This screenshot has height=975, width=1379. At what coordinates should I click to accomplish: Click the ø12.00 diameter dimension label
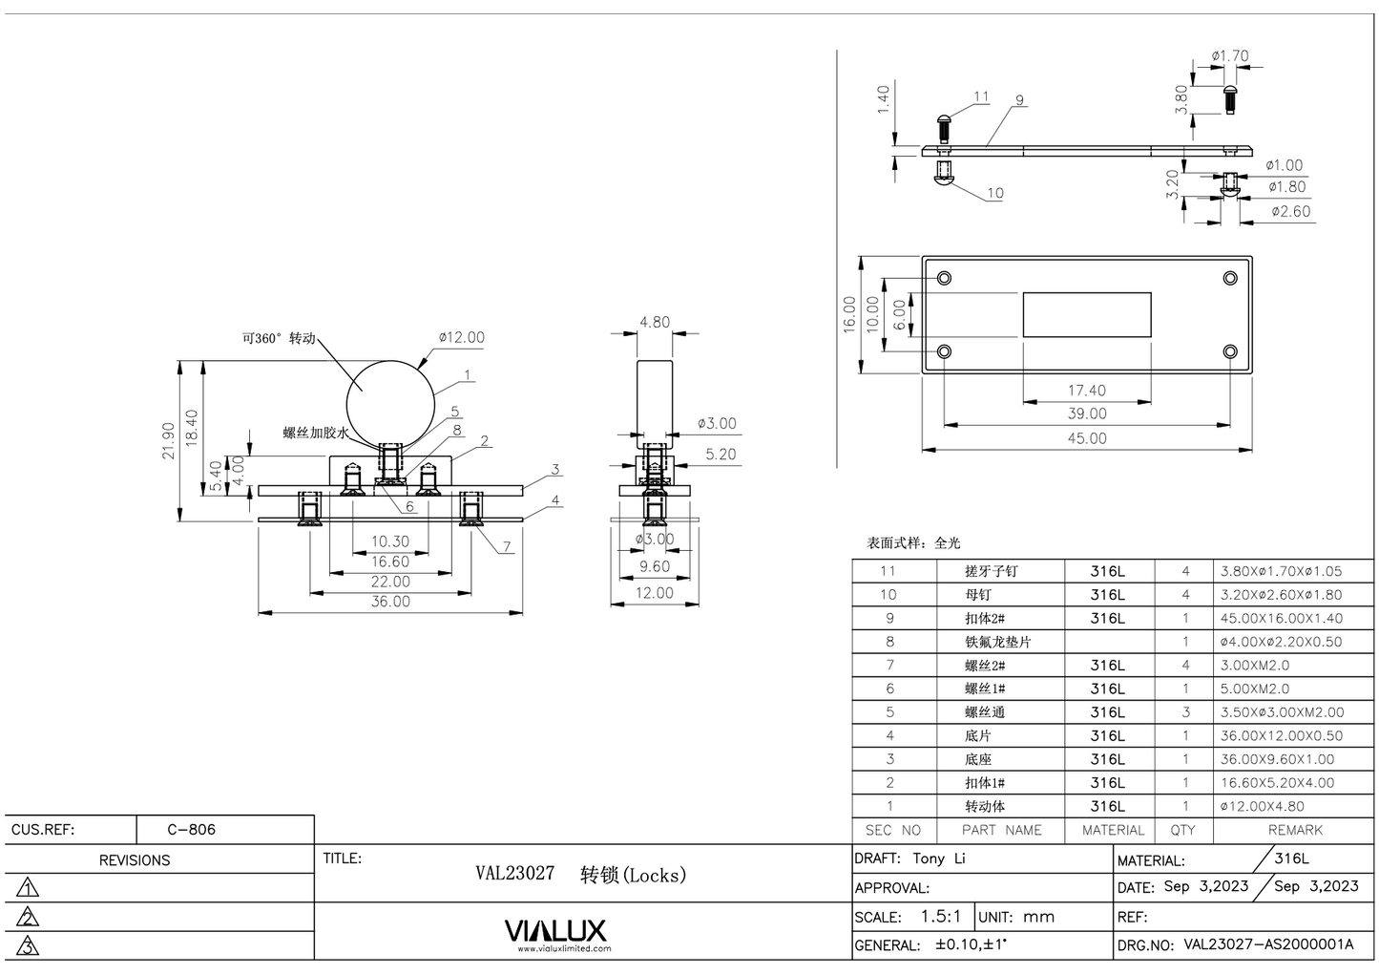tap(462, 337)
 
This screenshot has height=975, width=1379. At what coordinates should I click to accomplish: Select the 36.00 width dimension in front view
tap(390, 602)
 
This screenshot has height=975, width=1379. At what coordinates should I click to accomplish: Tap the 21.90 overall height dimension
tap(169, 440)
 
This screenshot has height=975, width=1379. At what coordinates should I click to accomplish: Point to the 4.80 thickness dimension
tap(654, 322)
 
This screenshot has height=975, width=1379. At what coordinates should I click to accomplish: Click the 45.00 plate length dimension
tap(1086, 438)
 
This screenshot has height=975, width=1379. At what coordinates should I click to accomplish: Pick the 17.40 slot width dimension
tap(1086, 391)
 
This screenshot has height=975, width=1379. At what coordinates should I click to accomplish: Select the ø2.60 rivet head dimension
tap(1290, 211)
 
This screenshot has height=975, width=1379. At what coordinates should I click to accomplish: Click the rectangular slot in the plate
tap(1086, 315)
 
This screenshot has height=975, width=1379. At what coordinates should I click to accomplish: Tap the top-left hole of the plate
tap(944, 278)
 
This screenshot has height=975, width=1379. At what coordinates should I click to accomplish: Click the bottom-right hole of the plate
tap(1230, 351)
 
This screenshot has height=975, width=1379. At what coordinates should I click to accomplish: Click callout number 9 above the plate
tap(1019, 100)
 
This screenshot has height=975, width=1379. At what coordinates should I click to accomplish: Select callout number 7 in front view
tap(507, 547)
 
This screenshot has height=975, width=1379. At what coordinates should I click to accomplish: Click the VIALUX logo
tap(554, 931)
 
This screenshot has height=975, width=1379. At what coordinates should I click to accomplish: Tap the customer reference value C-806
tap(191, 829)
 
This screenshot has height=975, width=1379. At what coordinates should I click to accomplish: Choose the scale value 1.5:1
tap(940, 917)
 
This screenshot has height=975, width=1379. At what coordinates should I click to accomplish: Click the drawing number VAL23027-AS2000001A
tap(1268, 944)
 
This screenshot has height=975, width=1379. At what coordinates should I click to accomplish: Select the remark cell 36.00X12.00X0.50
tap(1281, 735)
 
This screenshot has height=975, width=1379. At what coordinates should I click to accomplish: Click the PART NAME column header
tap(1001, 830)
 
